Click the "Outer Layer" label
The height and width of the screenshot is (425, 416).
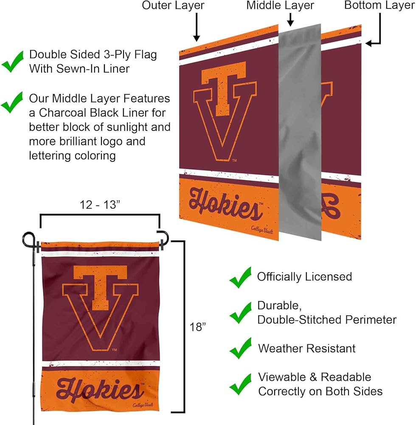(x=173, y=6)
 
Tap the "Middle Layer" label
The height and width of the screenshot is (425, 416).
(x=280, y=6)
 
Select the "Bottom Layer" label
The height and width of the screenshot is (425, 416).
(x=379, y=6)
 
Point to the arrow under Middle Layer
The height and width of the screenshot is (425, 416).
(x=290, y=19)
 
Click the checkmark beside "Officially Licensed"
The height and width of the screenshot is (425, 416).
(x=240, y=278)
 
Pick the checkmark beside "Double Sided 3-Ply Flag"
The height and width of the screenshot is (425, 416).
(x=13, y=62)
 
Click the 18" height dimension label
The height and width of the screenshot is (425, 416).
(x=198, y=327)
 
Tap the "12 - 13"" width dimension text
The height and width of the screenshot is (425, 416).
(x=100, y=205)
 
